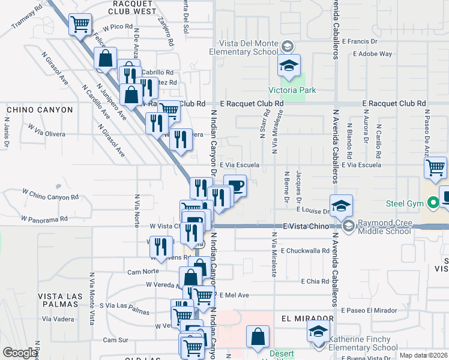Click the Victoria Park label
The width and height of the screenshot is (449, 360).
pos(292,91)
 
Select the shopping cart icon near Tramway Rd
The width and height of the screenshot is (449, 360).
pos(80,25)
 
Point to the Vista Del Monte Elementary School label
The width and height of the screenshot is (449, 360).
pos(243,47)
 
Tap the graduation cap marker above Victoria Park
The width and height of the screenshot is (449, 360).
pos(288,65)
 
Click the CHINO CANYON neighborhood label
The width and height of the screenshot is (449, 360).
pos(40,110)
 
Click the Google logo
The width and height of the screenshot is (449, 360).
pos(20,353)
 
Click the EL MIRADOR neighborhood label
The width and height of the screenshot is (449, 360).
pos(306,319)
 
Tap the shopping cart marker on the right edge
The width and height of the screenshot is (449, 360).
pos(435,167)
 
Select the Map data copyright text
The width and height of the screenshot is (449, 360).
pos(423,355)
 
